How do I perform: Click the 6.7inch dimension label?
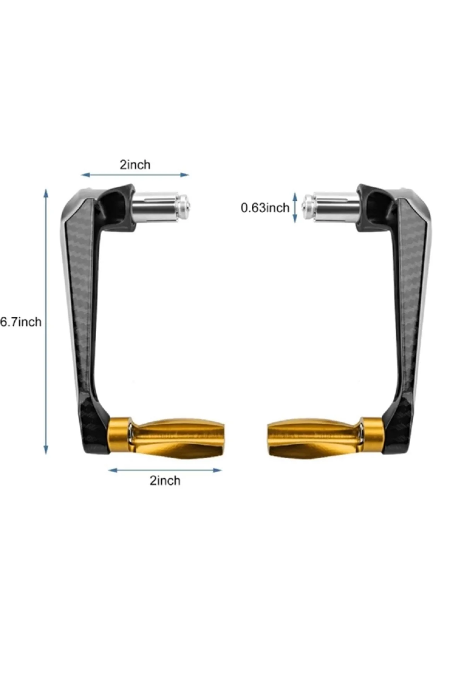coord(21,322)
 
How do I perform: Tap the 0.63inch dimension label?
coord(265,208)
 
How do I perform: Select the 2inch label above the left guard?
coord(135,165)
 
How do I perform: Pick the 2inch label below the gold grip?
coord(165,481)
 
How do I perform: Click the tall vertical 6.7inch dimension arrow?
coord(46,321)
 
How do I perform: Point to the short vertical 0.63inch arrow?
coord(295,208)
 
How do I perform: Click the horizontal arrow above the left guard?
coord(135,175)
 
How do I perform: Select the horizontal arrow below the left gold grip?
coord(165,470)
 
